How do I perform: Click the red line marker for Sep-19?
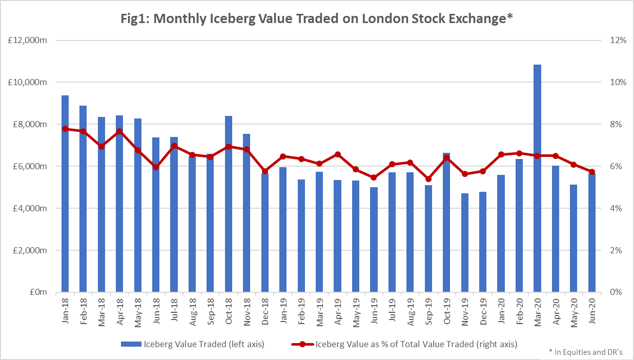pos(428,179)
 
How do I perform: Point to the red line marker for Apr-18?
pos(119,131)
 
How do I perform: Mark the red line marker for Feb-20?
pos(519,153)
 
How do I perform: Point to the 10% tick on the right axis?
pos(617,83)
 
